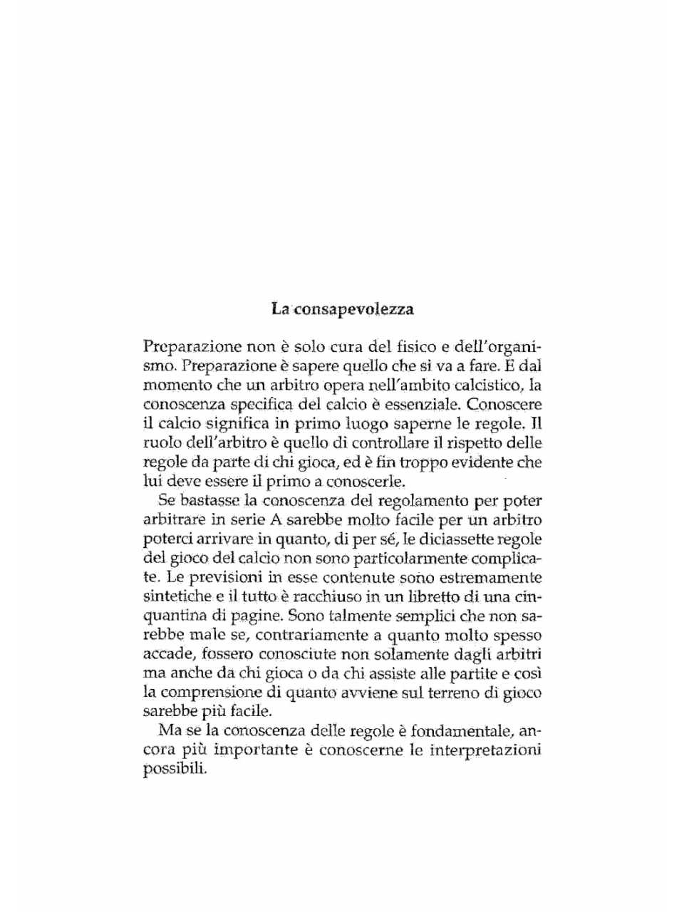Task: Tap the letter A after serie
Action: [277, 520]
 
